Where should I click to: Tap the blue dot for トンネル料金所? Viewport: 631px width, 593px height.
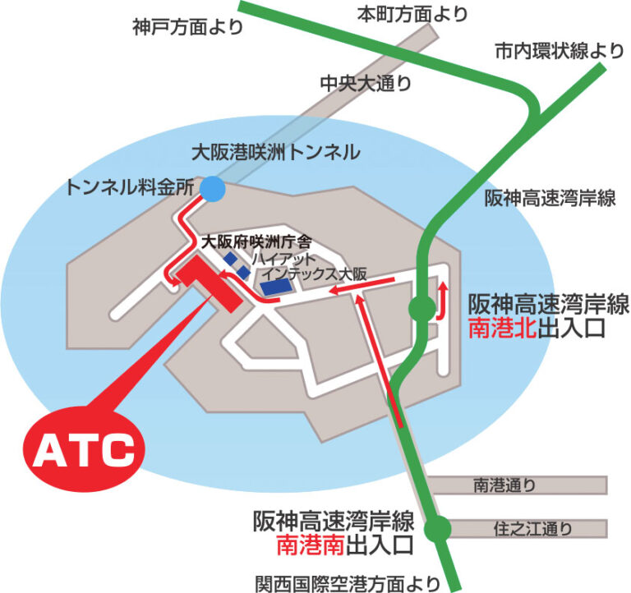(212, 190)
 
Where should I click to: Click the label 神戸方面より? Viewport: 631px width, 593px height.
(187, 28)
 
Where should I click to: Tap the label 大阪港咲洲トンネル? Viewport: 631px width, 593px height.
(275, 152)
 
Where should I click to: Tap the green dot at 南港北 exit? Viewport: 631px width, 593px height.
(422, 308)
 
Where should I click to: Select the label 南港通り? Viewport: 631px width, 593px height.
(504, 485)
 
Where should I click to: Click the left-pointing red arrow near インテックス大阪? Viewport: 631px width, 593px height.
(349, 290)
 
